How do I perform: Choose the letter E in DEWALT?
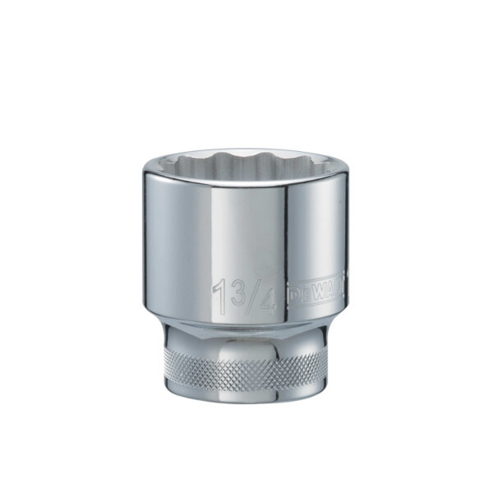click(306, 292)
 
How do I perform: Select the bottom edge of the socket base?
click(246, 400)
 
